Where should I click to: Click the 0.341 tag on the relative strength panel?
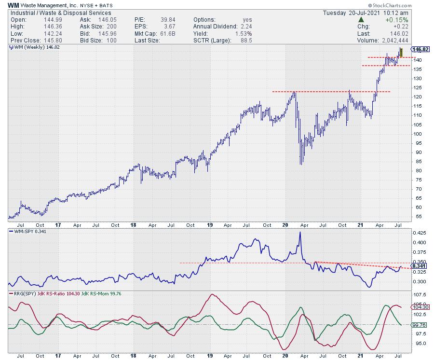[419, 265]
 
